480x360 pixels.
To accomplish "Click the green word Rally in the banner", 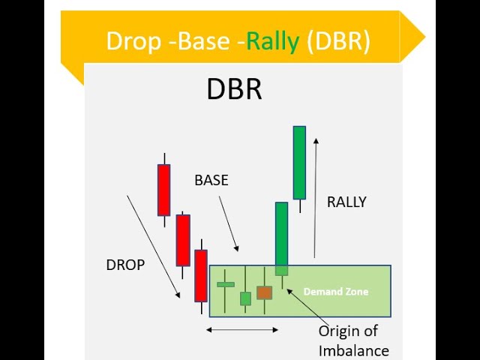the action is pyautogui.click(x=273, y=41).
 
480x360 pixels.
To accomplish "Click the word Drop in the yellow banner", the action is pyautogui.click(x=133, y=41).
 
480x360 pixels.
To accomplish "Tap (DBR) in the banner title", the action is pyautogui.click(x=338, y=41).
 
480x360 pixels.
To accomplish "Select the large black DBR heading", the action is pyautogui.click(x=235, y=88).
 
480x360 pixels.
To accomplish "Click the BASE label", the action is pyautogui.click(x=211, y=180).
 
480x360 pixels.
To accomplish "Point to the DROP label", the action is pyautogui.click(x=125, y=265).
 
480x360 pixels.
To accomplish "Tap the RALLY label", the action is pyautogui.click(x=346, y=202).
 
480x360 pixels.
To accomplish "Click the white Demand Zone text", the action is pyautogui.click(x=336, y=292).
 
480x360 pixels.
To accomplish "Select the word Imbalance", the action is pyautogui.click(x=354, y=351).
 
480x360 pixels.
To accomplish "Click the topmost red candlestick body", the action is pyautogui.click(x=164, y=190).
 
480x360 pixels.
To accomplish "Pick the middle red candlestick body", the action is pyautogui.click(x=183, y=240).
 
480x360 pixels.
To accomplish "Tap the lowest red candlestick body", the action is pyautogui.click(x=201, y=276).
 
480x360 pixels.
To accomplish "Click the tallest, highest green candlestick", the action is pyautogui.click(x=299, y=163).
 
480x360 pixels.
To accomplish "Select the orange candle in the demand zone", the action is pyautogui.click(x=265, y=292).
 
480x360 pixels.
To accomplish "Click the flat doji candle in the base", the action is pyautogui.click(x=226, y=285).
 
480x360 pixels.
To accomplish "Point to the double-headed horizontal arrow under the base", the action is pyautogui.click(x=242, y=330).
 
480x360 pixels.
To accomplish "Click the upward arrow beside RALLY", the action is pyautogui.click(x=315, y=198).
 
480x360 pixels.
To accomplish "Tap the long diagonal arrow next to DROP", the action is pyautogui.click(x=153, y=247).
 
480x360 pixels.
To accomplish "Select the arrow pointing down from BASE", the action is pyautogui.click(x=229, y=223).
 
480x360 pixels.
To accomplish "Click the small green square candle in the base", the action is pyautogui.click(x=245, y=298).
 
